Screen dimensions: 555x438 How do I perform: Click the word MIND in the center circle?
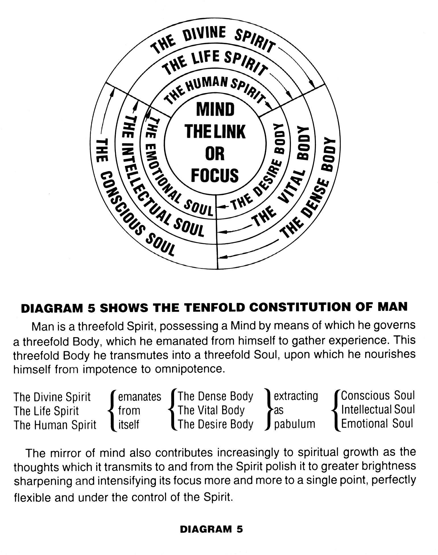pyautogui.click(x=215, y=109)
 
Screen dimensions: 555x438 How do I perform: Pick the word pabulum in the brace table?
pyautogui.click(x=295, y=424)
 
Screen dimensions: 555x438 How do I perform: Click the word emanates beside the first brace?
pyautogui.click(x=139, y=396)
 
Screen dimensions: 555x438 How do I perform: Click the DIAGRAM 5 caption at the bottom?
pyautogui.click(x=211, y=529)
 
